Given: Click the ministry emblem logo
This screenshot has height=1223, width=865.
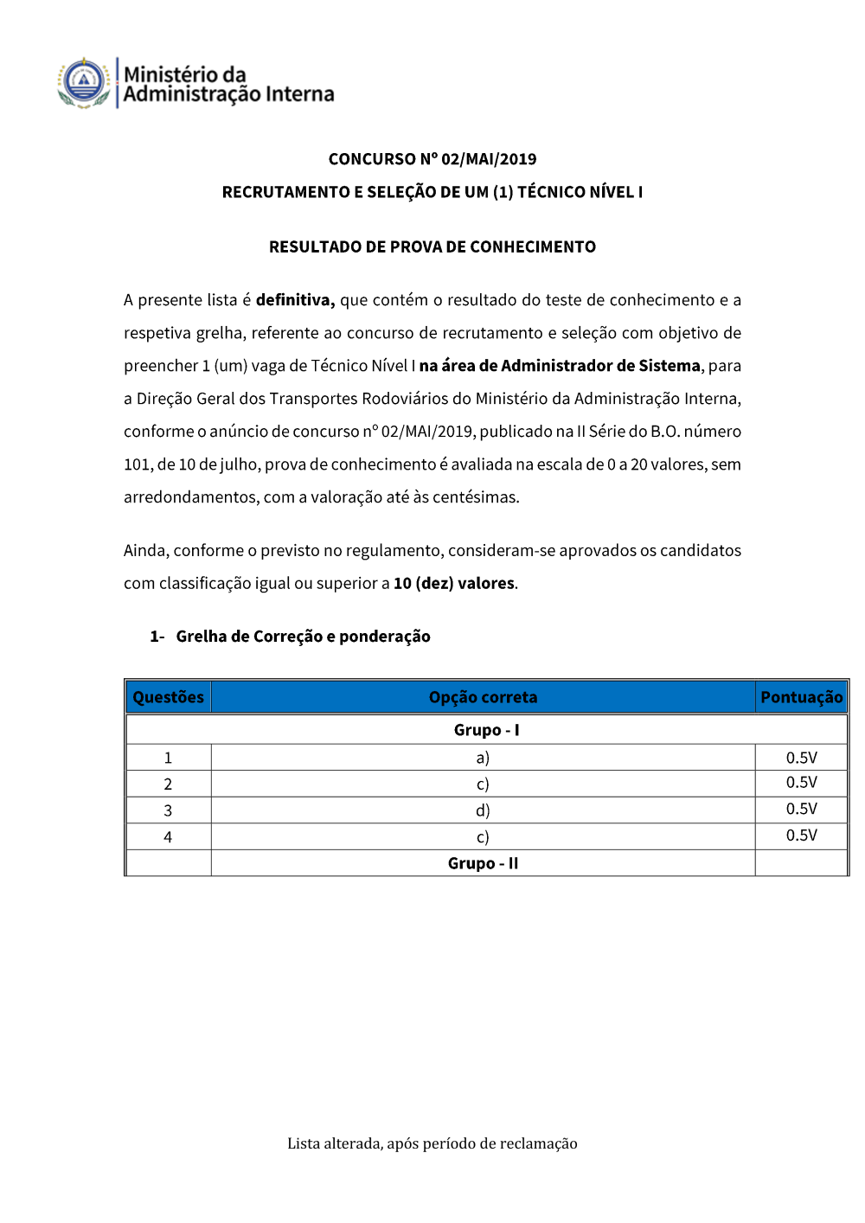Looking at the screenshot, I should click(x=83, y=83).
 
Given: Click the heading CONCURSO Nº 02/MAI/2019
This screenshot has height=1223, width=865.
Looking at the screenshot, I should click(x=432, y=159).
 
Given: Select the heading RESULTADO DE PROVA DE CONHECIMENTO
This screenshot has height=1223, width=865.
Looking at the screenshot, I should click(x=432, y=247).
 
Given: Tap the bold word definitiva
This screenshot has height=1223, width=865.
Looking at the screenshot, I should click(x=295, y=300).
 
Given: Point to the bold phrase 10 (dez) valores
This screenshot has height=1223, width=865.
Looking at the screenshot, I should click(x=454, y=584).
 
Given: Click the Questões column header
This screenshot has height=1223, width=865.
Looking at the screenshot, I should click(x=169, y=697).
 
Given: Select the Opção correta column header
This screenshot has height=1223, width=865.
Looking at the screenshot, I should click(x=483, y=697).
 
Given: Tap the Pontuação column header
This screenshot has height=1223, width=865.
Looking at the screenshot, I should click(x=801, y=697).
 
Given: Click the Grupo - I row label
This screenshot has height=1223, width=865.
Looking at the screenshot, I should click(x=486, y=730).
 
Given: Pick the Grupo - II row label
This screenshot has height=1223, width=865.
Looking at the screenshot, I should click(x=483, y=863).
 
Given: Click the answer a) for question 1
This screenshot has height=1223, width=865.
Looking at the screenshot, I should click(x=483, y=758).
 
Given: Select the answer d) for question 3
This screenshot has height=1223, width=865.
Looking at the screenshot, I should click(x=483, y=810).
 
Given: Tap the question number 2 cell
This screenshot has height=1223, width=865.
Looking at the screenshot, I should click(x=168, y=784).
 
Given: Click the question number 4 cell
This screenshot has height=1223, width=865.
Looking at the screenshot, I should click(x=168, y=837).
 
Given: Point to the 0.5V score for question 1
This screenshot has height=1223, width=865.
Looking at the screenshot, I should click(x=801, y=758).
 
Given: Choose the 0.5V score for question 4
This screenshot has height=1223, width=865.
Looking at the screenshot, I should click(x=801, y=836).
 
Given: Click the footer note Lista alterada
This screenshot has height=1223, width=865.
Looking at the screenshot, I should click(x=432, y=1143).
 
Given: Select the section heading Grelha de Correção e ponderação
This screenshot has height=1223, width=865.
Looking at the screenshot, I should click(x=303, y=637).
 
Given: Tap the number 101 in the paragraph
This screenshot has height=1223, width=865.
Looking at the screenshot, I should click(x=137, y=464).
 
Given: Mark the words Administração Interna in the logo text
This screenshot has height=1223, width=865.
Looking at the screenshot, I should click(x=228, y=94).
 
